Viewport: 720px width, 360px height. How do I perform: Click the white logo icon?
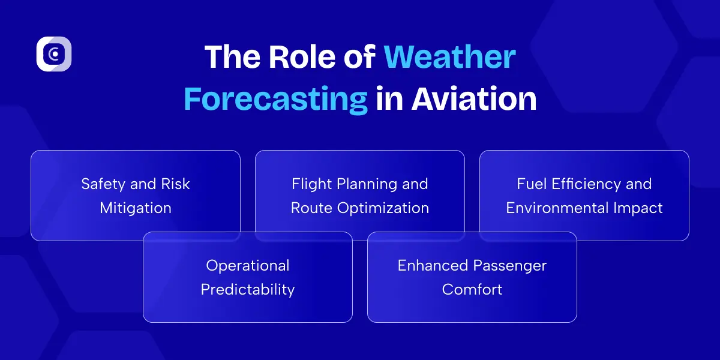click(54, 54)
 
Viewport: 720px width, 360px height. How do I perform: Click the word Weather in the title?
click(449, 58)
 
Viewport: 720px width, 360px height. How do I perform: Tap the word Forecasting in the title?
click(275, 99)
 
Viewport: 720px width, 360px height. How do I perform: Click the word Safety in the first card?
click(101, 184)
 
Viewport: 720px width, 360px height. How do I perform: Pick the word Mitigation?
click(136, 208)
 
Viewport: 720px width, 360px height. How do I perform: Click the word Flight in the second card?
click(311, 184)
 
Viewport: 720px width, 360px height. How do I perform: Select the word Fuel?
click(530, 184)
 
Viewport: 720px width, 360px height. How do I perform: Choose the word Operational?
click(247, 266)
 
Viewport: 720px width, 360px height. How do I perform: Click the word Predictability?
click(247, 290)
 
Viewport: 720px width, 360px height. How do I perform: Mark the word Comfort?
click(472, 290)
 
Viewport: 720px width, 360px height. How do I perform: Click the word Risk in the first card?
click(175, 184)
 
